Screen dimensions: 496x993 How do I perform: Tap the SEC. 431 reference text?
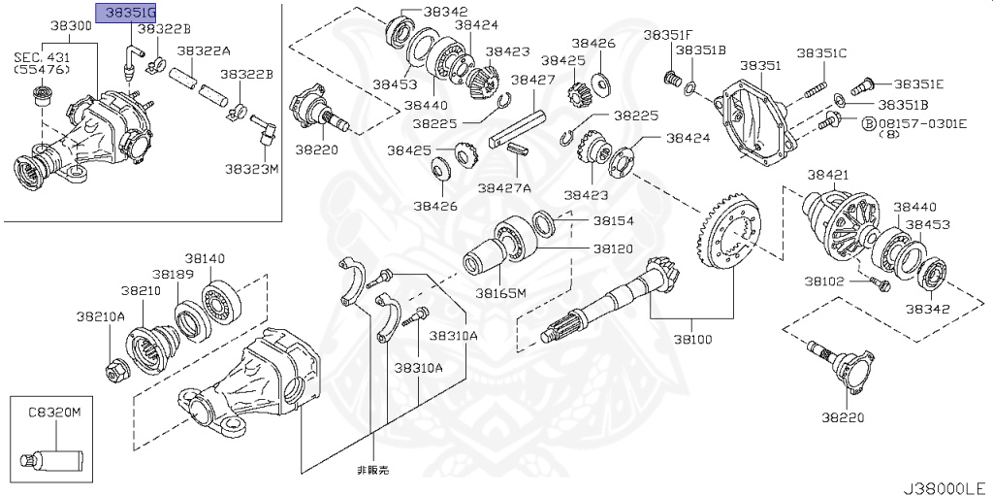tap(38, 56)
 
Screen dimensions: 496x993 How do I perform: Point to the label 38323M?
tap(252, 168)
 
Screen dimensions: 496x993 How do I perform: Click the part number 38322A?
tap(204, 50)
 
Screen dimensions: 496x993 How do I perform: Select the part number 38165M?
tap(500, 292)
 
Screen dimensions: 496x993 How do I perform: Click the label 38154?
tap(614, 221)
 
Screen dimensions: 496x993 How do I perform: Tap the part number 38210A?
tap(102, 315)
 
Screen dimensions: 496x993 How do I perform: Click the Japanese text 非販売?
tap(371, 470)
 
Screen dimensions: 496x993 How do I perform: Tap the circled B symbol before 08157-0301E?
tap(869, 123)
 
